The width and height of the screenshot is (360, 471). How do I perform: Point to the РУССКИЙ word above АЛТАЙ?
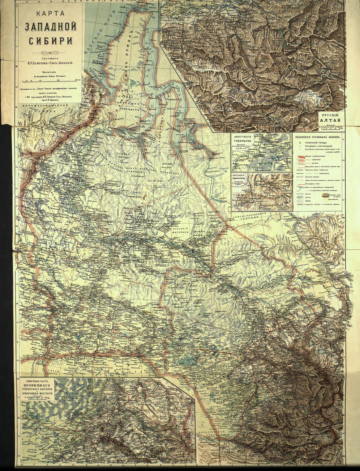331,116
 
